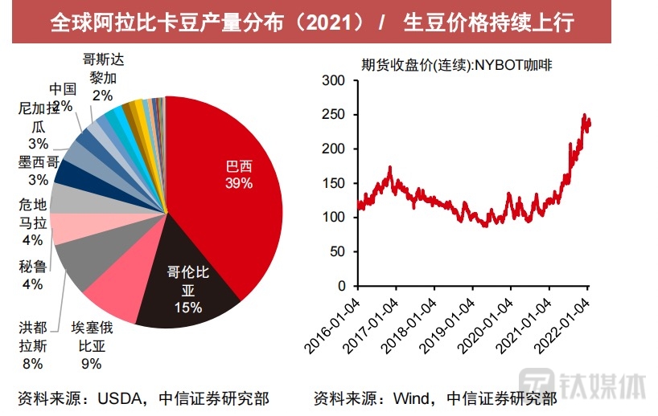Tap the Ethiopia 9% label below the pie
tap(92, 345)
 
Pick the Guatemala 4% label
tap(33, 222)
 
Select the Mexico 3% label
tap(38, 169)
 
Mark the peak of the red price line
tap(584, 116)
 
